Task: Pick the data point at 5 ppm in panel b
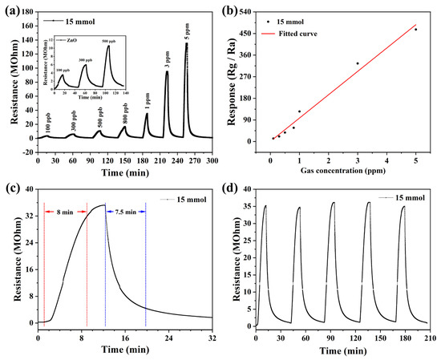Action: coord(415,30)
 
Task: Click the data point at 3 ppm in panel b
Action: coord(358,63)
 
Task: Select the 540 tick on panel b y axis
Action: coord(253,12)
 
